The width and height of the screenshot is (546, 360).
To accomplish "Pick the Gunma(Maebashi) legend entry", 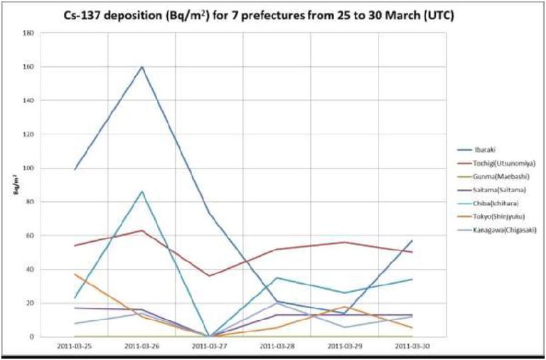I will (496, 176).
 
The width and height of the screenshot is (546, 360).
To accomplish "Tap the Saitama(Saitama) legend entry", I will (496, 189).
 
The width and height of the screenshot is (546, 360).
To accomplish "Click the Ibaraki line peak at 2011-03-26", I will (141, 67).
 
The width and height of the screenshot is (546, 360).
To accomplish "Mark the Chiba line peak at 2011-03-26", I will (141, 191).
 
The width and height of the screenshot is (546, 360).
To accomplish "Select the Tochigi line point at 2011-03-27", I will (209, 276).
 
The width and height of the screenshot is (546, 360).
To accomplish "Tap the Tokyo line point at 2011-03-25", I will (74, 274).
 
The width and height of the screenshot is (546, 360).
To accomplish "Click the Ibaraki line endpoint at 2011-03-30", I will (412, 240).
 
